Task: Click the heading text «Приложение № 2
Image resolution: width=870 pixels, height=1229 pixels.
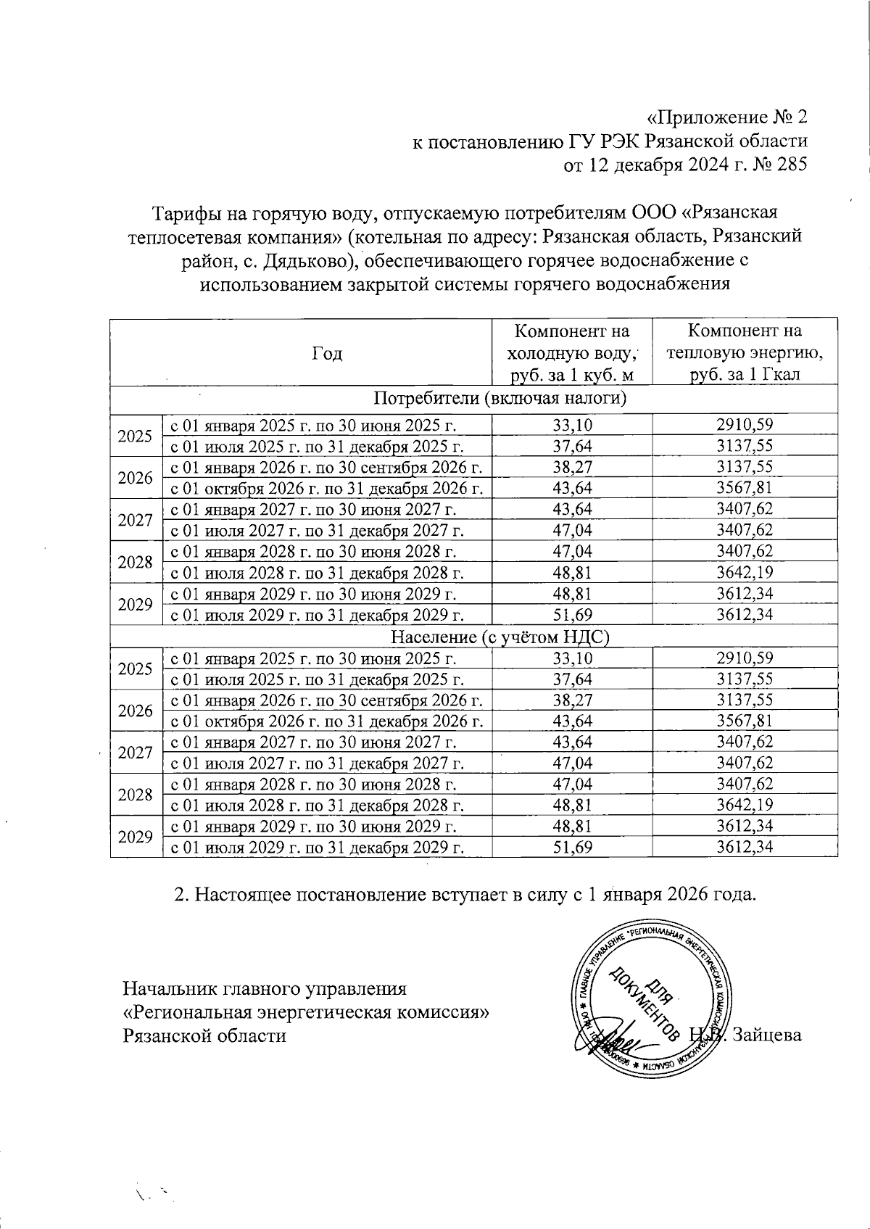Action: tap(726, 117)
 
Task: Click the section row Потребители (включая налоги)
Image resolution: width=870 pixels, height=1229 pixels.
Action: tap(500, 398)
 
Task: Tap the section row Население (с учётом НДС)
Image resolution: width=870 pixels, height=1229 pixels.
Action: tap(500, 637)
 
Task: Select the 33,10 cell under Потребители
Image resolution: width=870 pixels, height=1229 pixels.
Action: tap(572, 425)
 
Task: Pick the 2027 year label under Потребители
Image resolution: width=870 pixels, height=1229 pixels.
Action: tap(135, 520)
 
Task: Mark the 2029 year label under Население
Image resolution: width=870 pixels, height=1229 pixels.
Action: tap(135, 837)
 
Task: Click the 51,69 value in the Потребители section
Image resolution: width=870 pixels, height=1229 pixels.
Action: tap(572, 616)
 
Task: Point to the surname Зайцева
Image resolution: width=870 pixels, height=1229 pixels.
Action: tap(768, 1035)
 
